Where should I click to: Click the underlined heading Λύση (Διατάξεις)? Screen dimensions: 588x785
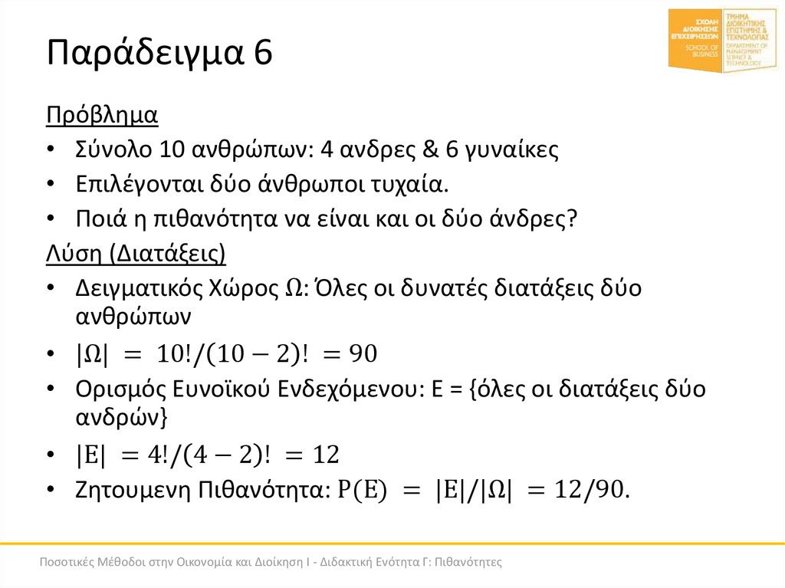point(136,253)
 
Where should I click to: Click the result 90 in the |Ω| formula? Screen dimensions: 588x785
point(360,353)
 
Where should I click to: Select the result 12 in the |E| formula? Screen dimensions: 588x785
point(325,455)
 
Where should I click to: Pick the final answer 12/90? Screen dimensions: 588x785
point(592,489)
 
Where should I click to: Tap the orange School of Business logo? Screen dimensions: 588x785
point(695,41)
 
